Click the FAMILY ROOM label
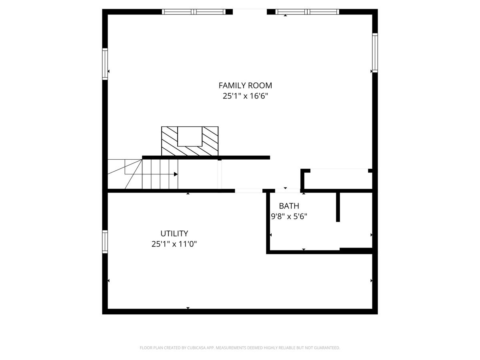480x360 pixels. pos(245,85)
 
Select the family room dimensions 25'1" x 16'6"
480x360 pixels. pos(245,96)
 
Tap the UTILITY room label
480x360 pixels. pos(174,234)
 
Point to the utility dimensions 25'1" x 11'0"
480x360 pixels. pos(174,244)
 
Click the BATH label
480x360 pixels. pos(289,206)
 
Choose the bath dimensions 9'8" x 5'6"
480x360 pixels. pos(289,216)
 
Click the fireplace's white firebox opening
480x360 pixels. pos(190,136)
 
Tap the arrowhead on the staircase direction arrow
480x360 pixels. pos(176,174)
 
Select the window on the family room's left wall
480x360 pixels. pos(105,64)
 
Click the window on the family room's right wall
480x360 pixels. pos(375,52)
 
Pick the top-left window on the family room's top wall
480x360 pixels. pos(194,12)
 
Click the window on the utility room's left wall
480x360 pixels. pos(105,242)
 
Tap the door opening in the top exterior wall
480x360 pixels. pos(250,12)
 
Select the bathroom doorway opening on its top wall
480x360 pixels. pos(288,191)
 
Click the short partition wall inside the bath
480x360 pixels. pos(338,207)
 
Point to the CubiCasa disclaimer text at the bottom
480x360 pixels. pos(240,348)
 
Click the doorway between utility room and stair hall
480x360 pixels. pos(248,191)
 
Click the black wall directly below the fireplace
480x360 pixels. pos(206,158)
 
